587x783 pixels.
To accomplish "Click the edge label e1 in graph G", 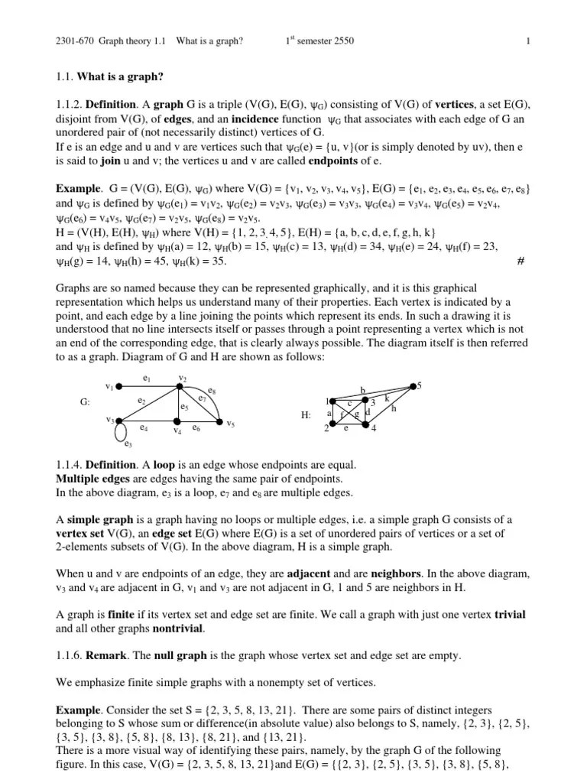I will click(147, 378).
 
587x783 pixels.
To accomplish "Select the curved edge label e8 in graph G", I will click(211, 391).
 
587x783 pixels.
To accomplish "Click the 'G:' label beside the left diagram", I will click(85, 402).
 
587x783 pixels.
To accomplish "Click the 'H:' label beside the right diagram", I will click(306, 415).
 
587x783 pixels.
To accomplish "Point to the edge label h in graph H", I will click(394, 409).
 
